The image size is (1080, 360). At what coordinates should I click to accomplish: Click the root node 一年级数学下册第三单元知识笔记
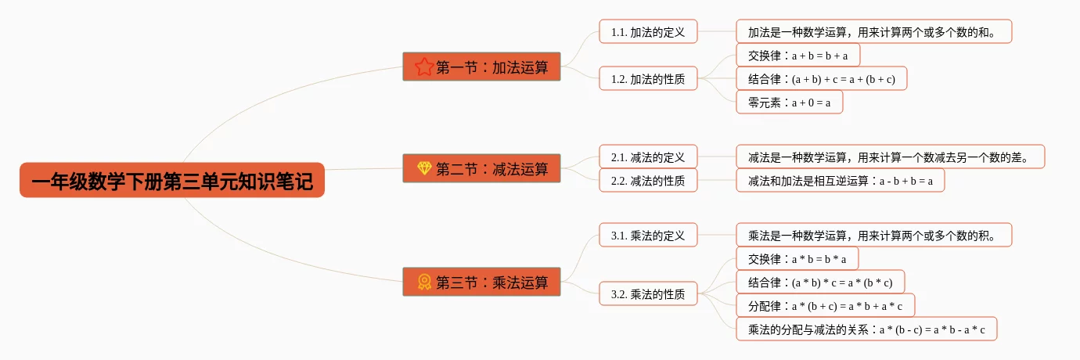tap(171, 181)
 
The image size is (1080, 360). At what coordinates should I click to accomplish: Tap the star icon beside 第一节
tap(424, 67)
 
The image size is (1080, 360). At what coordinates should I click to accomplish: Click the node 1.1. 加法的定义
tap(648, 32)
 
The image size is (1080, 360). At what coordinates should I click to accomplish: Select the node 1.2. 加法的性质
tap(648, 78)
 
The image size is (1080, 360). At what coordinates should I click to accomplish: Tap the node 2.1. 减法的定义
tap(648, 157)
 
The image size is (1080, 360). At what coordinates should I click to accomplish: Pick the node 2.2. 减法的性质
tap(648, 181)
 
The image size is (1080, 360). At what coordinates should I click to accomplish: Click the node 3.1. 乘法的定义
tap(648, 235)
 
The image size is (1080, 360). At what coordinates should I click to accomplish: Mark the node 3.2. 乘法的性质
tap(648, 294)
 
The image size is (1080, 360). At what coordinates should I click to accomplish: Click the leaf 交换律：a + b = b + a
tap(797, 56)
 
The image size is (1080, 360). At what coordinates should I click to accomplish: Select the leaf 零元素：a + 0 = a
tap(789, 103)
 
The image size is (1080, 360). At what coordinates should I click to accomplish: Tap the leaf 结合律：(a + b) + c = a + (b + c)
tap(821, 79)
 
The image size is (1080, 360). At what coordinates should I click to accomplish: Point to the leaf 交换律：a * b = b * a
tap(797, 258)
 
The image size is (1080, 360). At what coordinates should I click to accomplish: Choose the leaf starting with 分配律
tap(825, 306)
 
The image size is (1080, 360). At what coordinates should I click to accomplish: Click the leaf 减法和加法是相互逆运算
tap(840, 181)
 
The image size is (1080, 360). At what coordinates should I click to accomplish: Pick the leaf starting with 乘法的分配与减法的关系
tap(866, 329)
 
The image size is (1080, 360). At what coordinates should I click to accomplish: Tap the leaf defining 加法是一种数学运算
tap(873, 32)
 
